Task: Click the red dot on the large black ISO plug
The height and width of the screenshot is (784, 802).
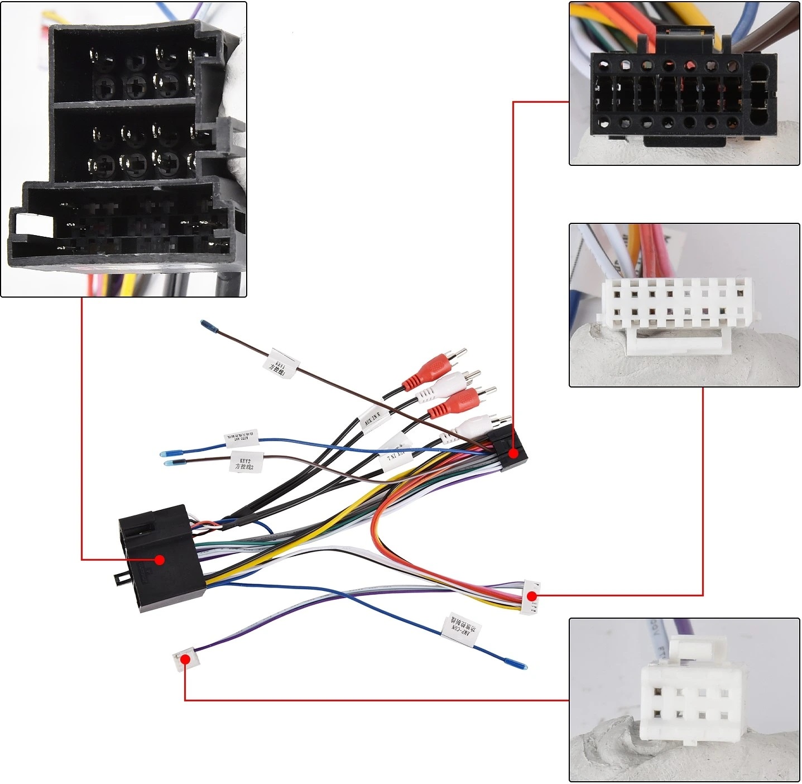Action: (160, 560)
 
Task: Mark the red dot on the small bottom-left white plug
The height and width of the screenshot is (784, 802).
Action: (185, 659)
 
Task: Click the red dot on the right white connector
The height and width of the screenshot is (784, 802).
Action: (532, 595)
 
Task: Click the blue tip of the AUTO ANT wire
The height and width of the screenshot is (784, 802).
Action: (166, 454)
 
